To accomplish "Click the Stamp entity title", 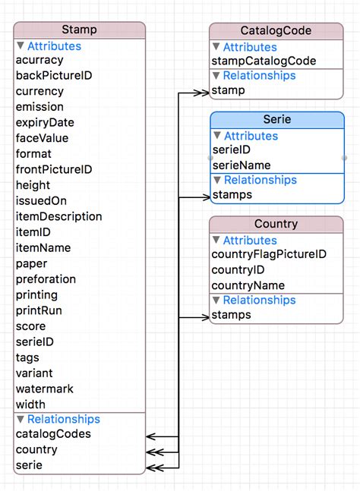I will [x=79, y=30].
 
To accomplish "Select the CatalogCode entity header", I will [x=276, y=30].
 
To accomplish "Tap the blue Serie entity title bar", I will [x=276, y=120].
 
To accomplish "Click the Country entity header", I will [x=276, y=225].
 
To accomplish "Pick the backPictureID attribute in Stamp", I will [x=54, y=76].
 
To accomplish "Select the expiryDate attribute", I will [x=45, y=123].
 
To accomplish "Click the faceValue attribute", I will [x=42, y=138].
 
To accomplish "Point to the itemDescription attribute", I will [x=58, y=216].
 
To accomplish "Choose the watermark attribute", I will [x=45, y=389].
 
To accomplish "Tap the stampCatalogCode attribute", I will [x=264, y=61].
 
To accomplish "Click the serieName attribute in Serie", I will [x=242, y=165].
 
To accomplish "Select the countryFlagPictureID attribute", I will [x=269, y=254].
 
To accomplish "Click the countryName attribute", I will [x=248, y=285].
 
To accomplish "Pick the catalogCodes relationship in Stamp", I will [x=53, y=434].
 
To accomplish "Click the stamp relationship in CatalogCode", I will [x=228, y=91].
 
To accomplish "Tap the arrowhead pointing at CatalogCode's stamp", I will [x=203, y=93].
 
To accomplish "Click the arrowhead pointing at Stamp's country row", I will [x=150, y=451].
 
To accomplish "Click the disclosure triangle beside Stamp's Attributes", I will [x=21, y=46].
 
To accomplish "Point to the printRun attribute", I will [x=39, y=310].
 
